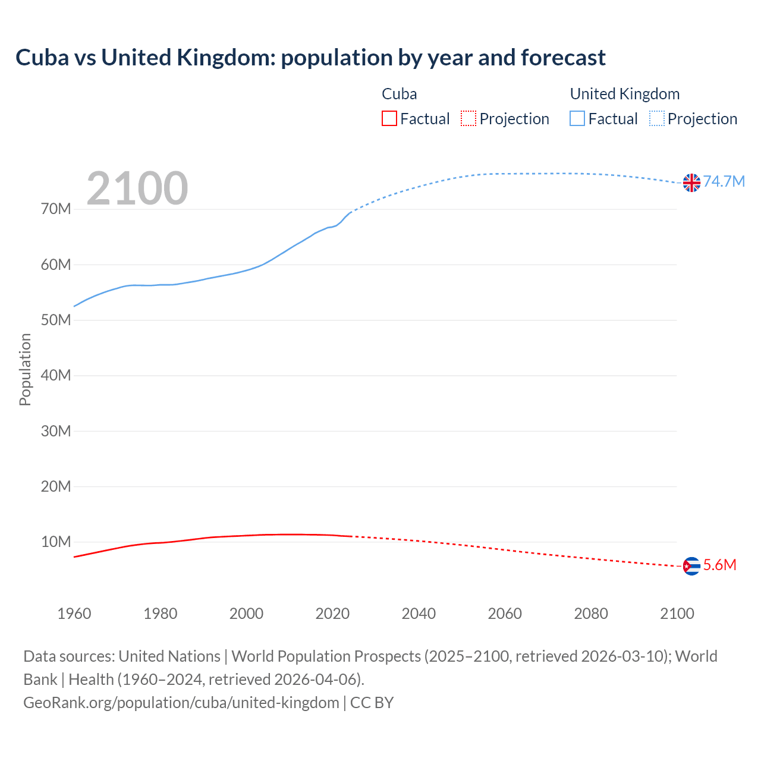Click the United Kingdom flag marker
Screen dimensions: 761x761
point(691,183)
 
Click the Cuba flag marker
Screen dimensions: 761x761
point(691,566)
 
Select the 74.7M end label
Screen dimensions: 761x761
point(724,182)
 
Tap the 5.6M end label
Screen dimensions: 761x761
point(719,565)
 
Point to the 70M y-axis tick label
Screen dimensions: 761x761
point(56,209)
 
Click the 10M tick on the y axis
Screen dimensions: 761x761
point(56,542)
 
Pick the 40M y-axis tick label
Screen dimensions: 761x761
point(56,376)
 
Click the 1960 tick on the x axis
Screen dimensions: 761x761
point(74,614)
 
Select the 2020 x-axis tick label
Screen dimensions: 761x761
point(332,614)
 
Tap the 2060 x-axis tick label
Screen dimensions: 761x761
point(505,614)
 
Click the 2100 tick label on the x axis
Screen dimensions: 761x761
point(677,614)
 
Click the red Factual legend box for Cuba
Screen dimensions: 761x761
point(389,119)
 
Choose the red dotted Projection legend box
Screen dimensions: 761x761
point(468,119)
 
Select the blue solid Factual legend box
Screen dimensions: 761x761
point(577,119)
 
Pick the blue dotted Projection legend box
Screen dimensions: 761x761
point(657,119)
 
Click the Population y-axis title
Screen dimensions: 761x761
point(25,370)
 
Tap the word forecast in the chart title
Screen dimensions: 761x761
point(563,58)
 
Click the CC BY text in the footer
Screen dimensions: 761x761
point(372,703)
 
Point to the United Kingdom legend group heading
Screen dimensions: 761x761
point(625,94)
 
